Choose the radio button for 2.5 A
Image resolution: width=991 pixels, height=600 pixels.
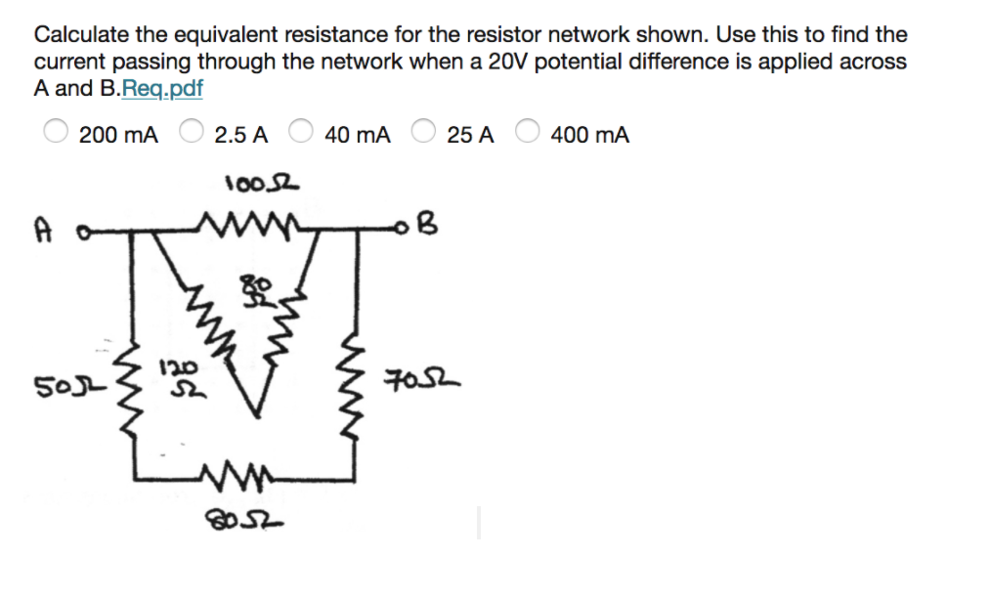tap(192, 134)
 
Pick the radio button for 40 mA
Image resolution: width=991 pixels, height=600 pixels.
tap(301, 134)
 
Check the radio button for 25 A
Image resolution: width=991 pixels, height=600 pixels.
tap(423, 134)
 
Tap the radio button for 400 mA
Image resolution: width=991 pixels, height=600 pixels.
tap(528, 134)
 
